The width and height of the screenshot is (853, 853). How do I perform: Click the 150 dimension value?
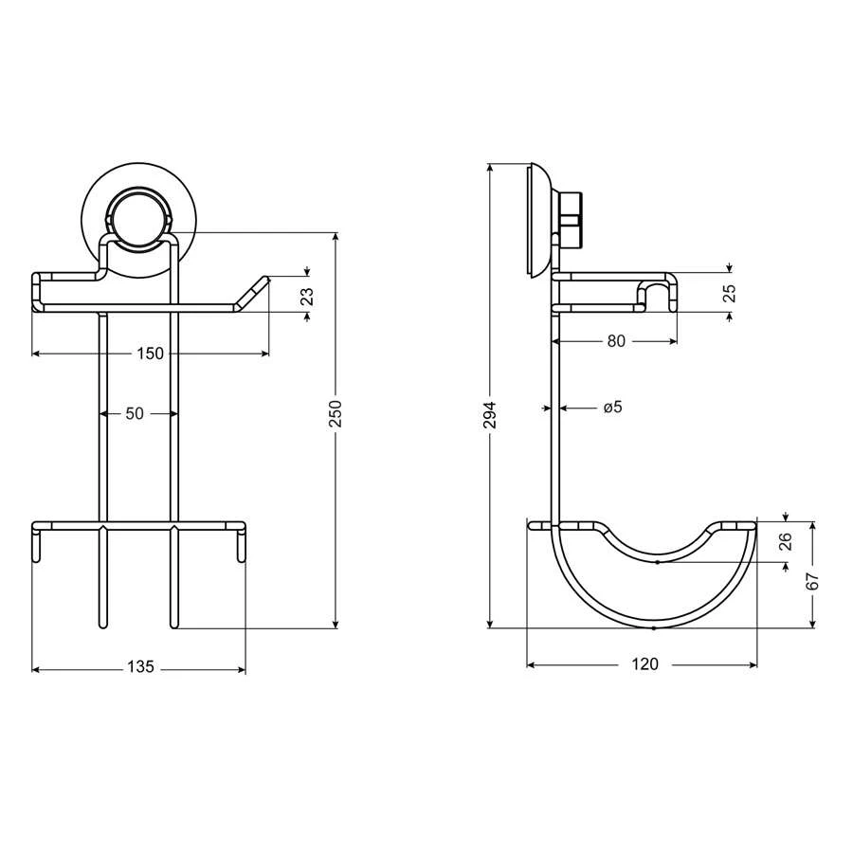pyautogui.click(x=150, y=354)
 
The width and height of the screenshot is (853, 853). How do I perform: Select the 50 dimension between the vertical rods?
pyautogui.click(x=135, y=413)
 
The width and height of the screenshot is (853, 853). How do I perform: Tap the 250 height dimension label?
pyautogui.click(x=336, y=413)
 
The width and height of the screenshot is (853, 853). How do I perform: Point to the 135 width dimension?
pyautogui.click(x=140, y=667)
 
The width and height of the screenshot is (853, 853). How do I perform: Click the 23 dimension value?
pyautogui.click(x=306, y=296)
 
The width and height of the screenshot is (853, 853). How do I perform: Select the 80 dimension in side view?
pyautogui.click(x=616, y=341)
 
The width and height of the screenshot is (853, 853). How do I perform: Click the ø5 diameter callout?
pyautogui.click(x=612, y=408)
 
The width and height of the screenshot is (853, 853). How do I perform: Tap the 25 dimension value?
pyautogui.click(x=729, y=294)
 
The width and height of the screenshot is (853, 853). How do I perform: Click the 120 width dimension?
pyautogui.click(x=644, y=664)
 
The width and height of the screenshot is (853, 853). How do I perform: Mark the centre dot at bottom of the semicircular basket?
pyautogui.click(x=655, y=627)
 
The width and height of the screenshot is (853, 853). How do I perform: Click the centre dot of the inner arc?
pyautogui.click(x=657, y=561)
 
